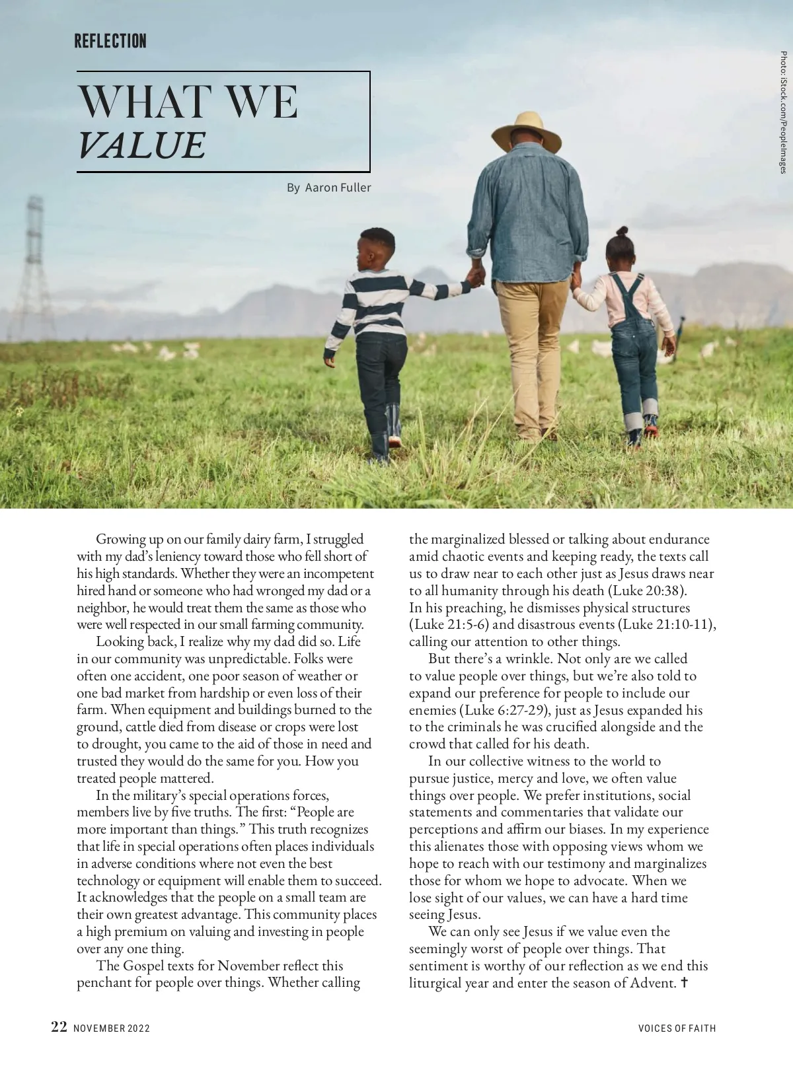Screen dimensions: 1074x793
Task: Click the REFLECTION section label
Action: click(110, 42)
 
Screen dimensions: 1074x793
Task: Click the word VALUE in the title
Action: click(141, 146)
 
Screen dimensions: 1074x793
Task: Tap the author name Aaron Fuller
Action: click(338, 188)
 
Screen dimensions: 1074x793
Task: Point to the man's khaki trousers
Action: click(533, 343)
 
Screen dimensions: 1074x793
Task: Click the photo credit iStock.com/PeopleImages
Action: click(782, 112)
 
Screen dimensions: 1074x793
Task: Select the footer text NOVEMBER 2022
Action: click(112, 1028)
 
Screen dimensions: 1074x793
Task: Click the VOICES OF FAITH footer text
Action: click(677, 1028)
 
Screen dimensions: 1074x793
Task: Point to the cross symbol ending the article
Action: click(684, 983)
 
